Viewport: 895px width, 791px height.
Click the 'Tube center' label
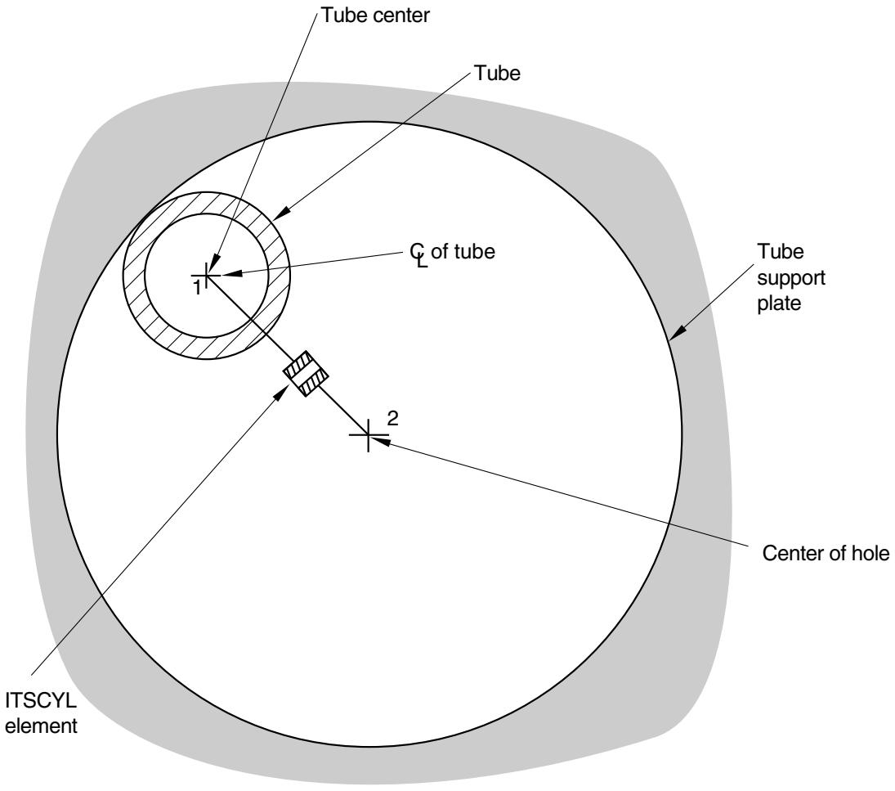[x=375, y=16]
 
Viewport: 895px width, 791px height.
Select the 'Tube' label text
[x=497, y=73]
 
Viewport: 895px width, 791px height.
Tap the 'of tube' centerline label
[x=463, y=251]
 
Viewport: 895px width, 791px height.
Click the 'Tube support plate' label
[x=791, y=277]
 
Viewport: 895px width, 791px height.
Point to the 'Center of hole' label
[x=826, y=553]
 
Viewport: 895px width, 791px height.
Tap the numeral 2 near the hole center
[x=392, y=419]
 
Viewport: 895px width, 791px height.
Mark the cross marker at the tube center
[x=206, y=276]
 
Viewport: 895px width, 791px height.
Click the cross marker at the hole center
[x=368, y=435]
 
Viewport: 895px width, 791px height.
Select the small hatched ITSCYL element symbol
[x=307, y=374]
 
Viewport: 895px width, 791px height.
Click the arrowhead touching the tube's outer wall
[x=281, y=213]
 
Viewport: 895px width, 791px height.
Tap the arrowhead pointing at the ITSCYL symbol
[x=282, y=392]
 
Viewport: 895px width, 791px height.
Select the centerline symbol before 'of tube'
[x=418, y=255]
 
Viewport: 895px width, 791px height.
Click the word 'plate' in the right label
[x=779, y=303]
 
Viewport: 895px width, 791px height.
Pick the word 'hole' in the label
[x=870, y=553]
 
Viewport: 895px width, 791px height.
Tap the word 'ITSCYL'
[x=41, y=699]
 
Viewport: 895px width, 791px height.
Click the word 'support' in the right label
[x=791, y=278]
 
